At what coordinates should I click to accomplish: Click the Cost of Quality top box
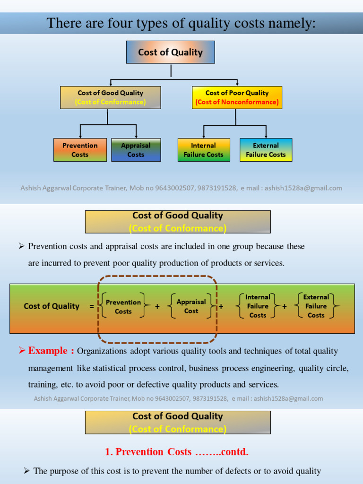point(170,52)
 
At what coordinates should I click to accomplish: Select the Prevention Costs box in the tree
point(80,150)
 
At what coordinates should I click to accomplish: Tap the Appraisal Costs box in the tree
point(136,150)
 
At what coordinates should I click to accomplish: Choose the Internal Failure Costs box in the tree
point(204,150)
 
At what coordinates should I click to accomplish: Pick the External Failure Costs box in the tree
point(266,150)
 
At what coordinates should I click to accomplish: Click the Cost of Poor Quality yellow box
point(237,97)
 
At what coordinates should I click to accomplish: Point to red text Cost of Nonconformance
point(237,102)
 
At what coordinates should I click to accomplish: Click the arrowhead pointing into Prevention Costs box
point(80,136)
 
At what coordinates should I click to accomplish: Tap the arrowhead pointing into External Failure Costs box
point(266,136)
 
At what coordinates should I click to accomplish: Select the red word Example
point(48,351)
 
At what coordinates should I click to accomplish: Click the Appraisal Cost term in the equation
point(191,306)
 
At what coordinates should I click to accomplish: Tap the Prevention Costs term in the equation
point(123,307)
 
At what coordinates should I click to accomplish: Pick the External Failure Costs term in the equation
point(316,306)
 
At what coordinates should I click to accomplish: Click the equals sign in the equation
point(91,306)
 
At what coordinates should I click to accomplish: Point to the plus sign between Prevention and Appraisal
point(157,306)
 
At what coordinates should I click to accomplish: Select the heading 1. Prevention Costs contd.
point(176,452)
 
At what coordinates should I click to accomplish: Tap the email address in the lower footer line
point(288,398)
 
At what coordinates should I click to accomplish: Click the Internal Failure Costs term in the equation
point(258,306)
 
